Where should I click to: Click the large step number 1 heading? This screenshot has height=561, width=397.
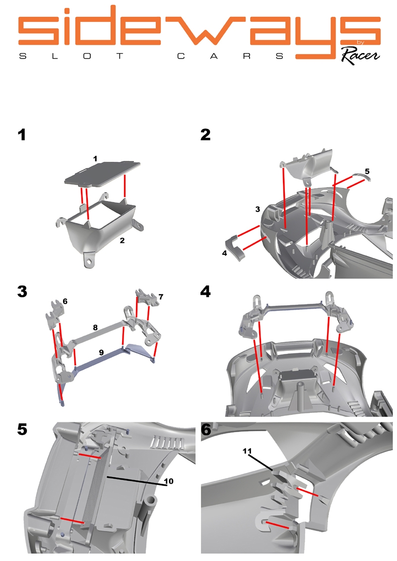pyautogui.click(x=21, y=135)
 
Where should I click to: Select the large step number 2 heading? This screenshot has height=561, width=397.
pyautogui.click(x=205, y=135)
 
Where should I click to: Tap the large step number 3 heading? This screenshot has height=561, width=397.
pyautogui.click(x=22, y=291)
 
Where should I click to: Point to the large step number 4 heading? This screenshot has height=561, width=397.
pyautogui.click(x=205, y=291)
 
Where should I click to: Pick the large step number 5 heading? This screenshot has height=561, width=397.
pyautogui.click(x=22, y=429)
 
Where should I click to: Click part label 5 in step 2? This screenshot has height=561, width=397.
pyautogui.click(x=367, y=171)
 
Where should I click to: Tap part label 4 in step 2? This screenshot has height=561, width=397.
pyautogui.click(x=224, y=253)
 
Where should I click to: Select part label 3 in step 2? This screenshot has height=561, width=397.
pyautogui.click(x=258, y=210)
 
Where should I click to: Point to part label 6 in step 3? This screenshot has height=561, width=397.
pyautogui.click(x=65, y=301)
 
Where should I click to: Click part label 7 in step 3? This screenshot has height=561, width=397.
pyautogui.click(x=160, y=297)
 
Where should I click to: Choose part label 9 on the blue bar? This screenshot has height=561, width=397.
pyautogui.click(x=101, y=352)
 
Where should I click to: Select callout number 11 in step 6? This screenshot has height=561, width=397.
pyautogui.click(x=248, y=451)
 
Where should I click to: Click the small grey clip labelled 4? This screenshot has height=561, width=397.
pyautogui.click(x=236, y=246)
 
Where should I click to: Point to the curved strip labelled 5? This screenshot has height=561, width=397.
pyautogui.click(x=360, y=178)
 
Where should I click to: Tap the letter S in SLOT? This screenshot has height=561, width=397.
pyautogui.click(x=21, y=56)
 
